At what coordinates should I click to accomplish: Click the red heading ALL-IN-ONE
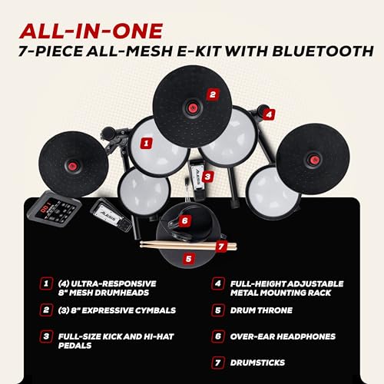tap(91, 31)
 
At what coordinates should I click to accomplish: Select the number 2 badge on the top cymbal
tap(212, 96)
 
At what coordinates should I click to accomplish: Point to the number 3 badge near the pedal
tap(207, 175)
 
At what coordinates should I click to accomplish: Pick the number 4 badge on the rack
tap(268, 114)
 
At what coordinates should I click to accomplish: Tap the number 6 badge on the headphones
tap(184, 220)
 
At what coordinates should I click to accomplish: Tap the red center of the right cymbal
tap(314, 160)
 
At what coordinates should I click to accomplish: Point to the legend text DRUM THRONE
tap(263, 310)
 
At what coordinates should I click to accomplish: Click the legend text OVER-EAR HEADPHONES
tap(282, 335)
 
